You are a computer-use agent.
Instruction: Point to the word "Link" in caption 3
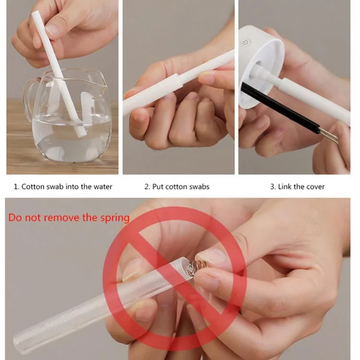pyautogui.click(x=284, y=187)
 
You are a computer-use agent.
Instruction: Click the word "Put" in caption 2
pyautogui.click(x=158, y=187)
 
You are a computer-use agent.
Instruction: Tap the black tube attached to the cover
pyautogui.click(x=280, y=108)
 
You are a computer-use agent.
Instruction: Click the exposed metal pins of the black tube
pyautogui.click(x=329, y=136)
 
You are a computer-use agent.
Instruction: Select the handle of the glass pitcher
pyautogui.click(x=29, y=99)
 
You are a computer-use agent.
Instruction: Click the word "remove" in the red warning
pyautogui.click(x=61, y=218)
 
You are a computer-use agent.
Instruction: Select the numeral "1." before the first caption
pyautogui.click(x=16, y=187)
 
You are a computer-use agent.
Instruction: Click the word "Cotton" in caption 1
pyautogui.click(x=33, y=187)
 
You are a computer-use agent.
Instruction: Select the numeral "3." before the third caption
pyautogui.click(x=273, y=187)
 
